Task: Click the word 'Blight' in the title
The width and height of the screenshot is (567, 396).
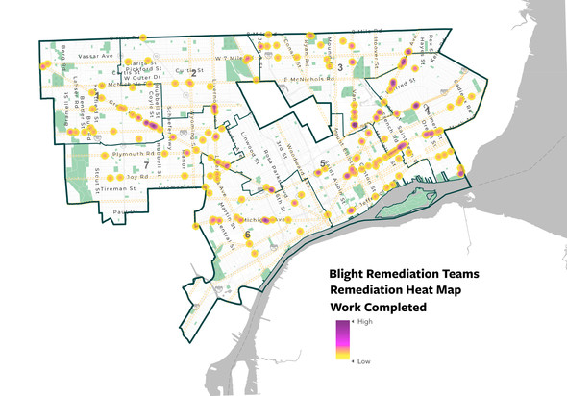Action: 352,273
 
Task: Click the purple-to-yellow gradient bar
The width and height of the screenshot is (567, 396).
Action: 343,341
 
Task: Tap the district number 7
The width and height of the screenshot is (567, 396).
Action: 146,165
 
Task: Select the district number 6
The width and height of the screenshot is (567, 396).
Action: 247,235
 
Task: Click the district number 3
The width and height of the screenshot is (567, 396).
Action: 341,66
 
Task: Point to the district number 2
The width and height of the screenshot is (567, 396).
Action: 194,73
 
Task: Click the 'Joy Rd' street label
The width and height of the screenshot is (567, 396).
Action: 138,177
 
